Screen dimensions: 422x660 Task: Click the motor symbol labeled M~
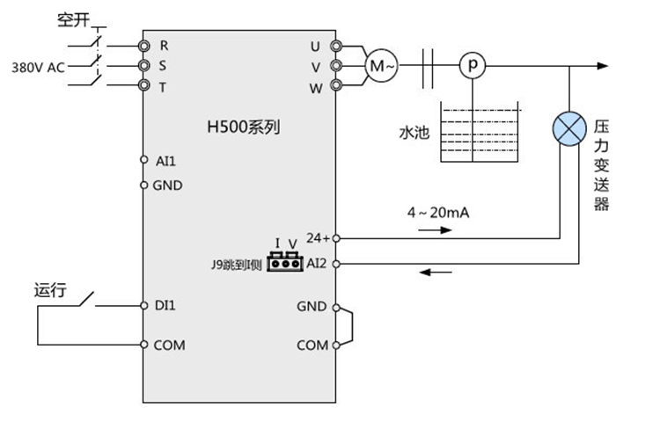pyautogui.click(x=382, y=66)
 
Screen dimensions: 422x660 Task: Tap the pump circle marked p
pyautogui.click(x=473, y=66)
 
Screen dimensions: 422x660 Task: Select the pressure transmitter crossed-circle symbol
pyautogui.click(x=569, y=129)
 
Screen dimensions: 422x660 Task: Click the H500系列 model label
pyautogui.click(x=242, y=127)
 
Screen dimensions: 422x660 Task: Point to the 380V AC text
pyautogui.click(x=37, y=67)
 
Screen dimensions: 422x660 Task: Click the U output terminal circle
pyautogui.click(x=334, y=45)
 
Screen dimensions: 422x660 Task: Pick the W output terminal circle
pyautogui.click(x=334, y=85)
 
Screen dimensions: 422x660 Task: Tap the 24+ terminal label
pyautogui.click(x=317, y=237)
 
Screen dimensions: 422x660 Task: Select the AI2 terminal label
pyautogui.click(x=317, y=263)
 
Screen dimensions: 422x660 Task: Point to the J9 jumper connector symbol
pyautogui.click(x=284, y=261)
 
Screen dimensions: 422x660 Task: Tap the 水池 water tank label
pyautogui.click(x=412, y=133)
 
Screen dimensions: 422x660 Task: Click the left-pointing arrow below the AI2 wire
pyautogui.click(x=435, y=272)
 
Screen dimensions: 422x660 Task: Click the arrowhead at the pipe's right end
pyautogui.click(x=603, y=66)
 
